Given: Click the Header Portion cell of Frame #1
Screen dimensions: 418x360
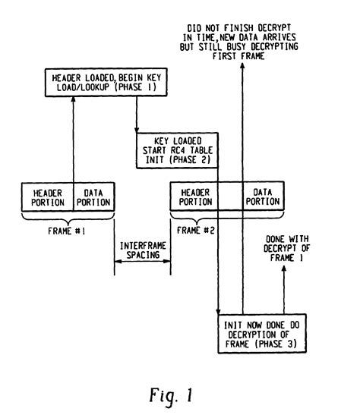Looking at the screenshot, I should click(x=47, y=197).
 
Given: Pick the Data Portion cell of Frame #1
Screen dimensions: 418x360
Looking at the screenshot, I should click(x=93, y=197).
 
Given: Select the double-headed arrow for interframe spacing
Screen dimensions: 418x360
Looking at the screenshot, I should click(x=142, y=263).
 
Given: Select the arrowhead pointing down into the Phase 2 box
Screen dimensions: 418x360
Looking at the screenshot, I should click(x=137, y=129).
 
